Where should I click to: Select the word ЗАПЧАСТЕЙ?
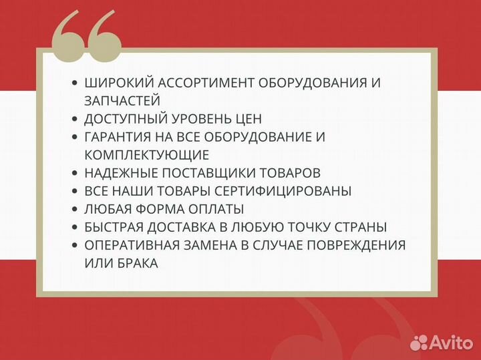[x=122, y=101]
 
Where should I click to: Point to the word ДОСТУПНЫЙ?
[x=124, y=119]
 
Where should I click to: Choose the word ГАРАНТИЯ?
[x=118, y=137]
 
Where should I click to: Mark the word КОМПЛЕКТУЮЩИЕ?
[x=147, y=155]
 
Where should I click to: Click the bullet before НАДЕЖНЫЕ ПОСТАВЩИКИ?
[x=75, y=173]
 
